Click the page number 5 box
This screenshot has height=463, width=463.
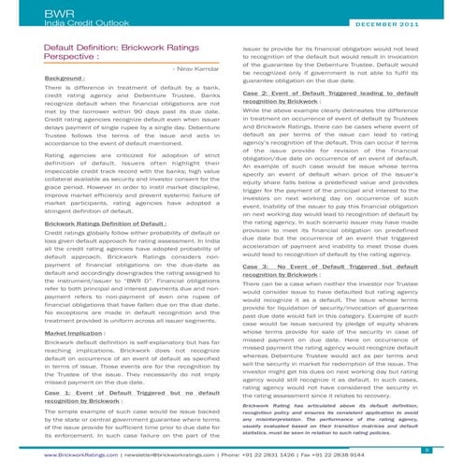[x=452, y=446]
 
